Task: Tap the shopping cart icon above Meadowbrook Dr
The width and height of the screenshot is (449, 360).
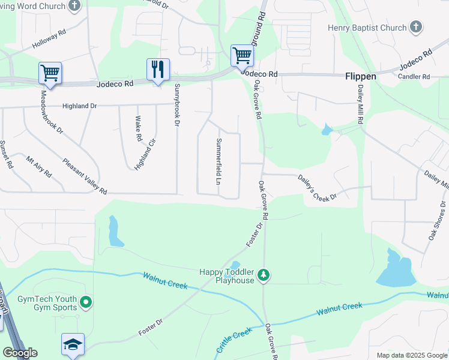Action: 50,73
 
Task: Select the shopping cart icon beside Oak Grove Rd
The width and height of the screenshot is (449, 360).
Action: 243,55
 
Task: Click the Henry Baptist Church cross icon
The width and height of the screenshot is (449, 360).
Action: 416,27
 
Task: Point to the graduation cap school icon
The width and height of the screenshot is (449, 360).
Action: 73,344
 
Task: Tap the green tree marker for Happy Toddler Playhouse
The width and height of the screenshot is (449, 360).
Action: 263,275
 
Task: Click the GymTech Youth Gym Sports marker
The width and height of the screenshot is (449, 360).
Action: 86,302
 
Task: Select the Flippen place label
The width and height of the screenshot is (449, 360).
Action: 360,77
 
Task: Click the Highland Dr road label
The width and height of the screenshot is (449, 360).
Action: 80,106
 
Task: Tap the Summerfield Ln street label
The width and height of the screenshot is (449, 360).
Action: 218,161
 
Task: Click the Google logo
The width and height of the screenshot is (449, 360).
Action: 20,353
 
